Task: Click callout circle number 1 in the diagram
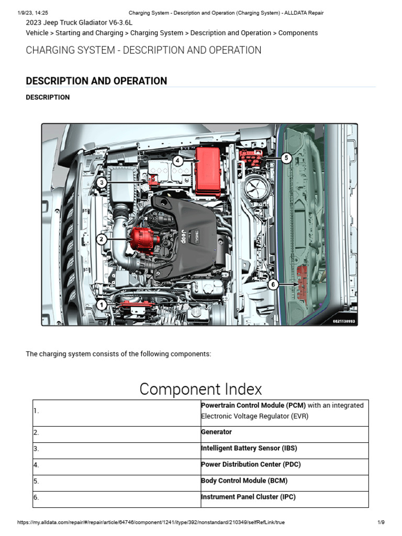point(102,305)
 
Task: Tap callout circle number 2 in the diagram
point(102,239)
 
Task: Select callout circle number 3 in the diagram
point(102,182)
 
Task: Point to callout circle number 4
point(178,161)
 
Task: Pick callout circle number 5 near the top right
point(285,158)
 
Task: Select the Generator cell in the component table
point(216,432)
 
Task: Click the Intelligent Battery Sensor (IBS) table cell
point(249,448)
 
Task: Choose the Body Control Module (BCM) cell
point(244,481)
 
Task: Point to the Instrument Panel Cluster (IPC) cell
point(248,497)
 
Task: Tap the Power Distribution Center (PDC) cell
point(251,464)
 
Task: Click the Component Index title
point(200,389)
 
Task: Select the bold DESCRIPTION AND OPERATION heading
point(96,81)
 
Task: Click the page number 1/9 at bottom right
point(381,522)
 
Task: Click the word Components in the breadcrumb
point(298,33)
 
